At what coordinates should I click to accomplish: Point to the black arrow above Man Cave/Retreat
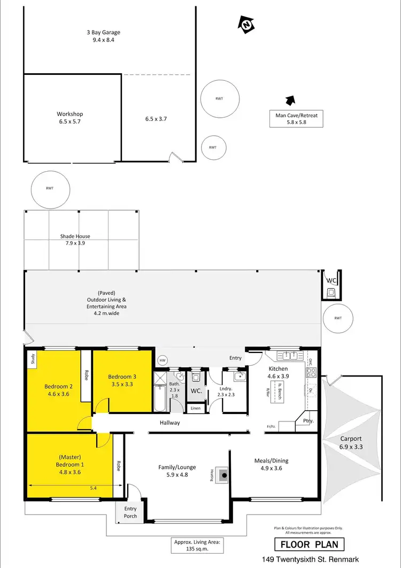point(290,99)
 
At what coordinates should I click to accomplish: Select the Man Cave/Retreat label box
point(296,119)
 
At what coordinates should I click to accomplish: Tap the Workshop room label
point(70,117)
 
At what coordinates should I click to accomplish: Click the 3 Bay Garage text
point(103,35)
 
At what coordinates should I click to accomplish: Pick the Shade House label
point(75,239)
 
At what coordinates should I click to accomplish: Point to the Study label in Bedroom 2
point(33,359)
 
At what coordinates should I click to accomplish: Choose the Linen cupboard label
point(196,409)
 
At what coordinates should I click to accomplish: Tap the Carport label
point(351,442)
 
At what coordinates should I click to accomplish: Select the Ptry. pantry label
point(308,421)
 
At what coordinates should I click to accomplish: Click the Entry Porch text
point(130,512)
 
